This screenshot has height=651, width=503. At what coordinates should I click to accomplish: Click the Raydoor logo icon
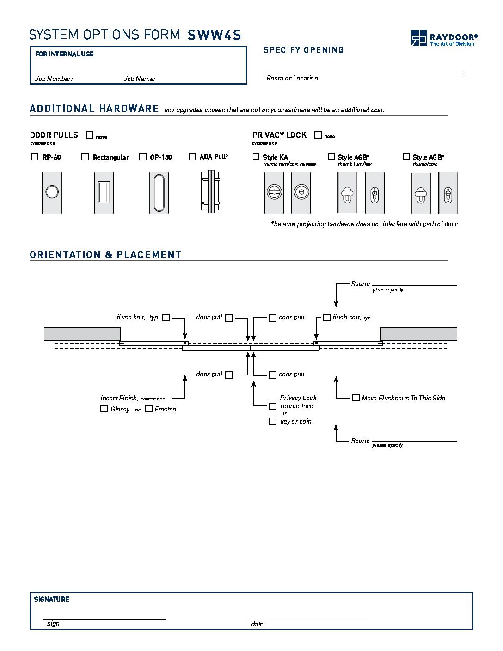coord(419,37)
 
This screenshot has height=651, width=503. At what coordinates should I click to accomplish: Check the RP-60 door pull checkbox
coord(35,157)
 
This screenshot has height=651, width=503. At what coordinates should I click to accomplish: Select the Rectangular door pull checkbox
coord(85,157)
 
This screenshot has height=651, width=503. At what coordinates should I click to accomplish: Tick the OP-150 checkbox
coord(143,157)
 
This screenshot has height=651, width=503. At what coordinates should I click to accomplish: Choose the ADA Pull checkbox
coord(192,157)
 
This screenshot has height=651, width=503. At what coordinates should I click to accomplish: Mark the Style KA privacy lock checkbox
coord(256,157)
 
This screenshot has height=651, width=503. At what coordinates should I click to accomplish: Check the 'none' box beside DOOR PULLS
coord(90,135)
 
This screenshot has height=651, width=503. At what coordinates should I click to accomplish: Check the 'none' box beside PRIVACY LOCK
coord(318,135)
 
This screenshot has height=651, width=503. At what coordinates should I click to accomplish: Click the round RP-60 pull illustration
coord(52,192)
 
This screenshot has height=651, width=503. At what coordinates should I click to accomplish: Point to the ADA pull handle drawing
coord(211,192)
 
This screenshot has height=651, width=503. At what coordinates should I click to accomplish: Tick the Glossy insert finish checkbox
coord(104,409)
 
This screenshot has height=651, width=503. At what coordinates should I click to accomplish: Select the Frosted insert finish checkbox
coord(149,409)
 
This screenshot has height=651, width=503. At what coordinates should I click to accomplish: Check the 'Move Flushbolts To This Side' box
coord(356,398)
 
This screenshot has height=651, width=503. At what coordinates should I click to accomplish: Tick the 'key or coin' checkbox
coord(273,421)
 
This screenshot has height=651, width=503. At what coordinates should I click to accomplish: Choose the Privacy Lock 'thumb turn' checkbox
coord(273,406)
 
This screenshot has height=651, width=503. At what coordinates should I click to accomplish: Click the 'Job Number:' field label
coord(54,79)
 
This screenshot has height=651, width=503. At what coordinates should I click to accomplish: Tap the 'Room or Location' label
coord(292,79)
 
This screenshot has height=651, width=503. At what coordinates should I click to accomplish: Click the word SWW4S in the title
coord(215,35)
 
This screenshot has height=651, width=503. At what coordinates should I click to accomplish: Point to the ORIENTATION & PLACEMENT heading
coord(105,255)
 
